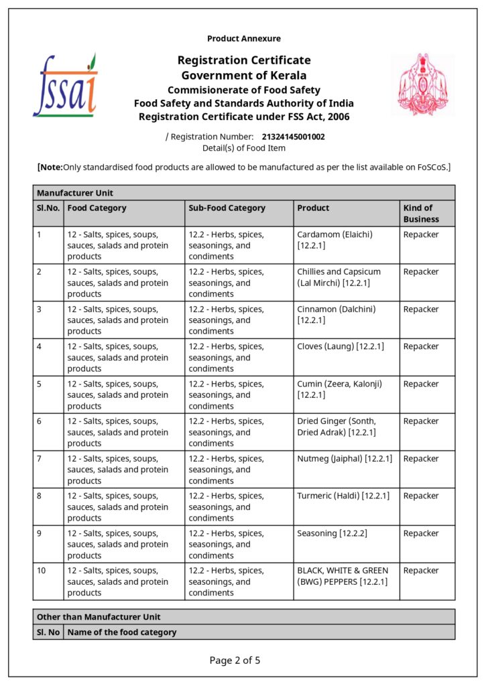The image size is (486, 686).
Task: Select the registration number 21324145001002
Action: (293, 137)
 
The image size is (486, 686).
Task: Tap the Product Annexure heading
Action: (244, 39)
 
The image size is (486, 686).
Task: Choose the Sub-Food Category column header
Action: (227, 208)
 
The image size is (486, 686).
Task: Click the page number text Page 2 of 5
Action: (235, 661)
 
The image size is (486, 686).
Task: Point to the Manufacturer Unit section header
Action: (75, 193)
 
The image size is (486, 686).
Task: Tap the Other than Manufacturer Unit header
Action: (99, 616)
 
